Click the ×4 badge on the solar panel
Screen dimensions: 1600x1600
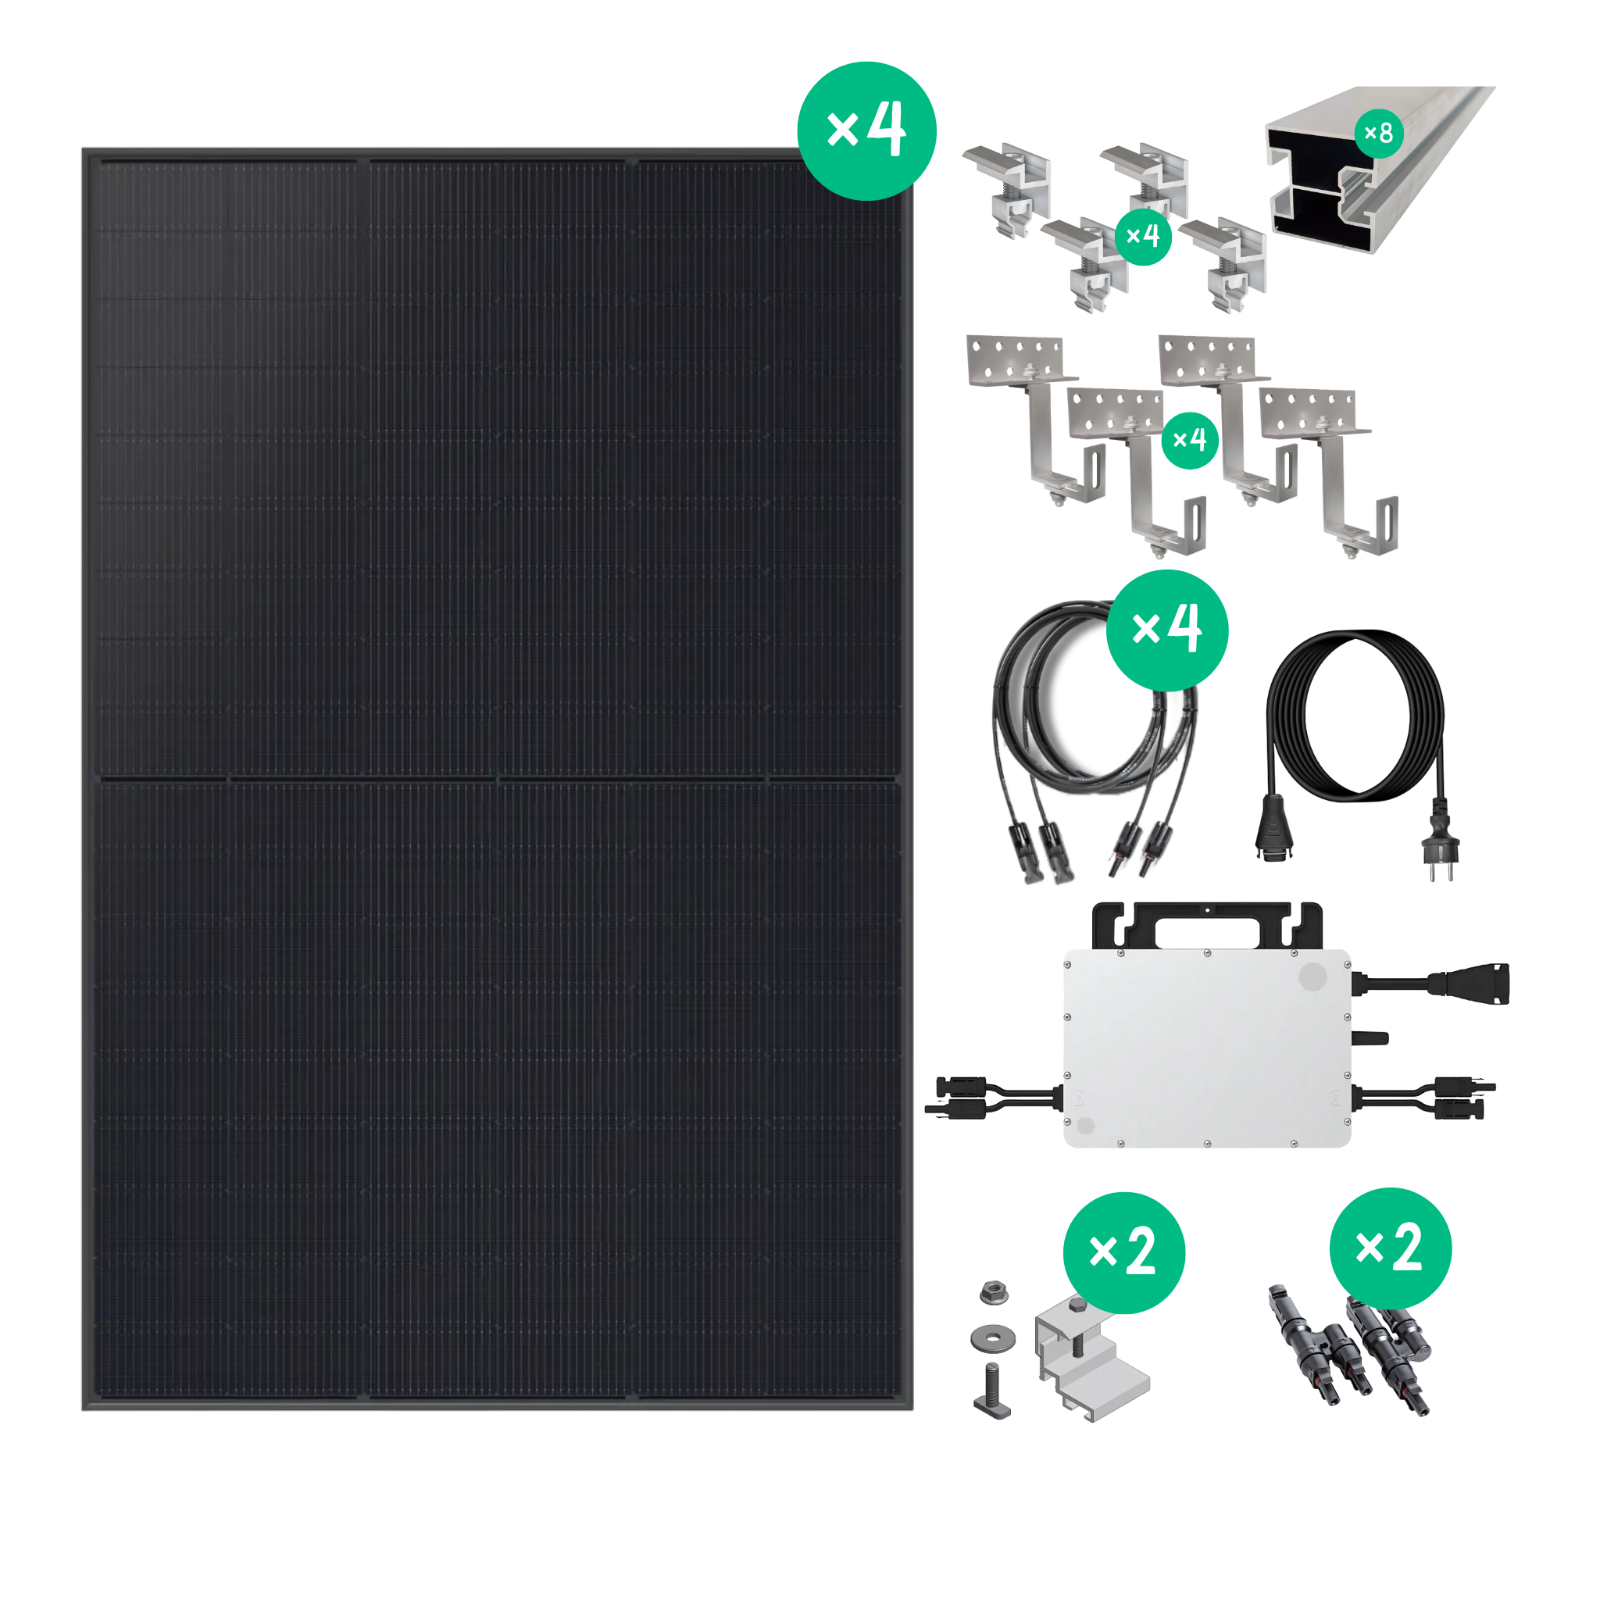(866, 130)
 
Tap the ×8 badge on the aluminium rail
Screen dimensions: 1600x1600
(1379, 133)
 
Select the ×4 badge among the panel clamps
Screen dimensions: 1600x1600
(1143, 237)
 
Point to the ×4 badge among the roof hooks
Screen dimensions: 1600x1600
(1190, 441)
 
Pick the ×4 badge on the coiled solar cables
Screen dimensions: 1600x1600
(1167, 630)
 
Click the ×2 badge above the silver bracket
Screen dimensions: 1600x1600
(1123, 1253)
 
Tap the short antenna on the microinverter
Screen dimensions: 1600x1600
(1370, 1037)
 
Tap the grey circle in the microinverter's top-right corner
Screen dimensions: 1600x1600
(1312, 977)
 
